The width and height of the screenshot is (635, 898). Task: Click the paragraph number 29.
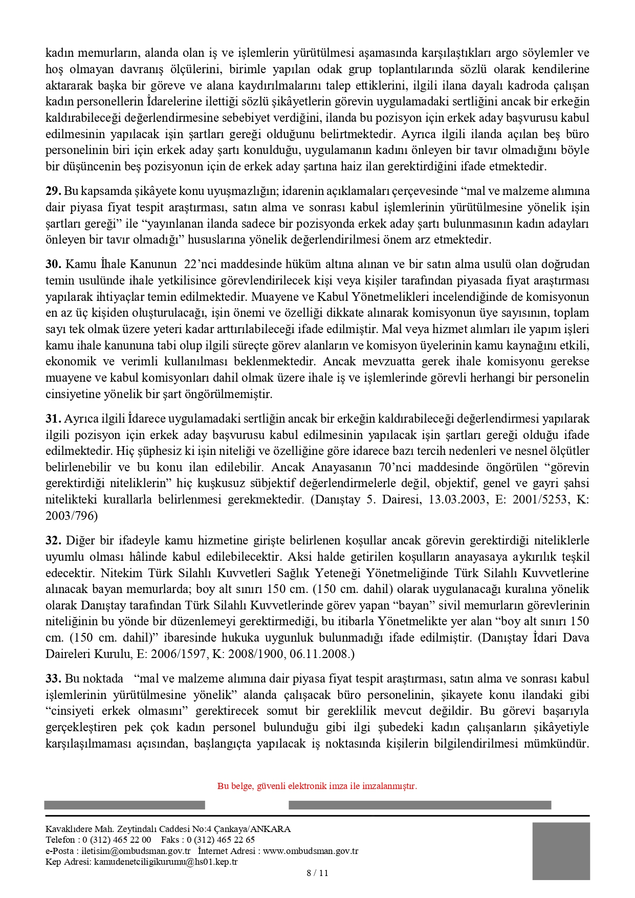tap(53, 191)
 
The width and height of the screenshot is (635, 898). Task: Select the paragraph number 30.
tap(53, 265)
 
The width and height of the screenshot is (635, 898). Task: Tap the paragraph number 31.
tap(53, 419)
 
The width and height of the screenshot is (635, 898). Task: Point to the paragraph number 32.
tap(53, 541)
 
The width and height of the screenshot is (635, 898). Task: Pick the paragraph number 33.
tap(53, 679)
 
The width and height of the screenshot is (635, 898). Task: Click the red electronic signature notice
tap(317, 786)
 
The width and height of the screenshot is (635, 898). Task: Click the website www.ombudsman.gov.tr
tap(311, 851)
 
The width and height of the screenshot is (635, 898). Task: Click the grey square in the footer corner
tap(561, 851)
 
